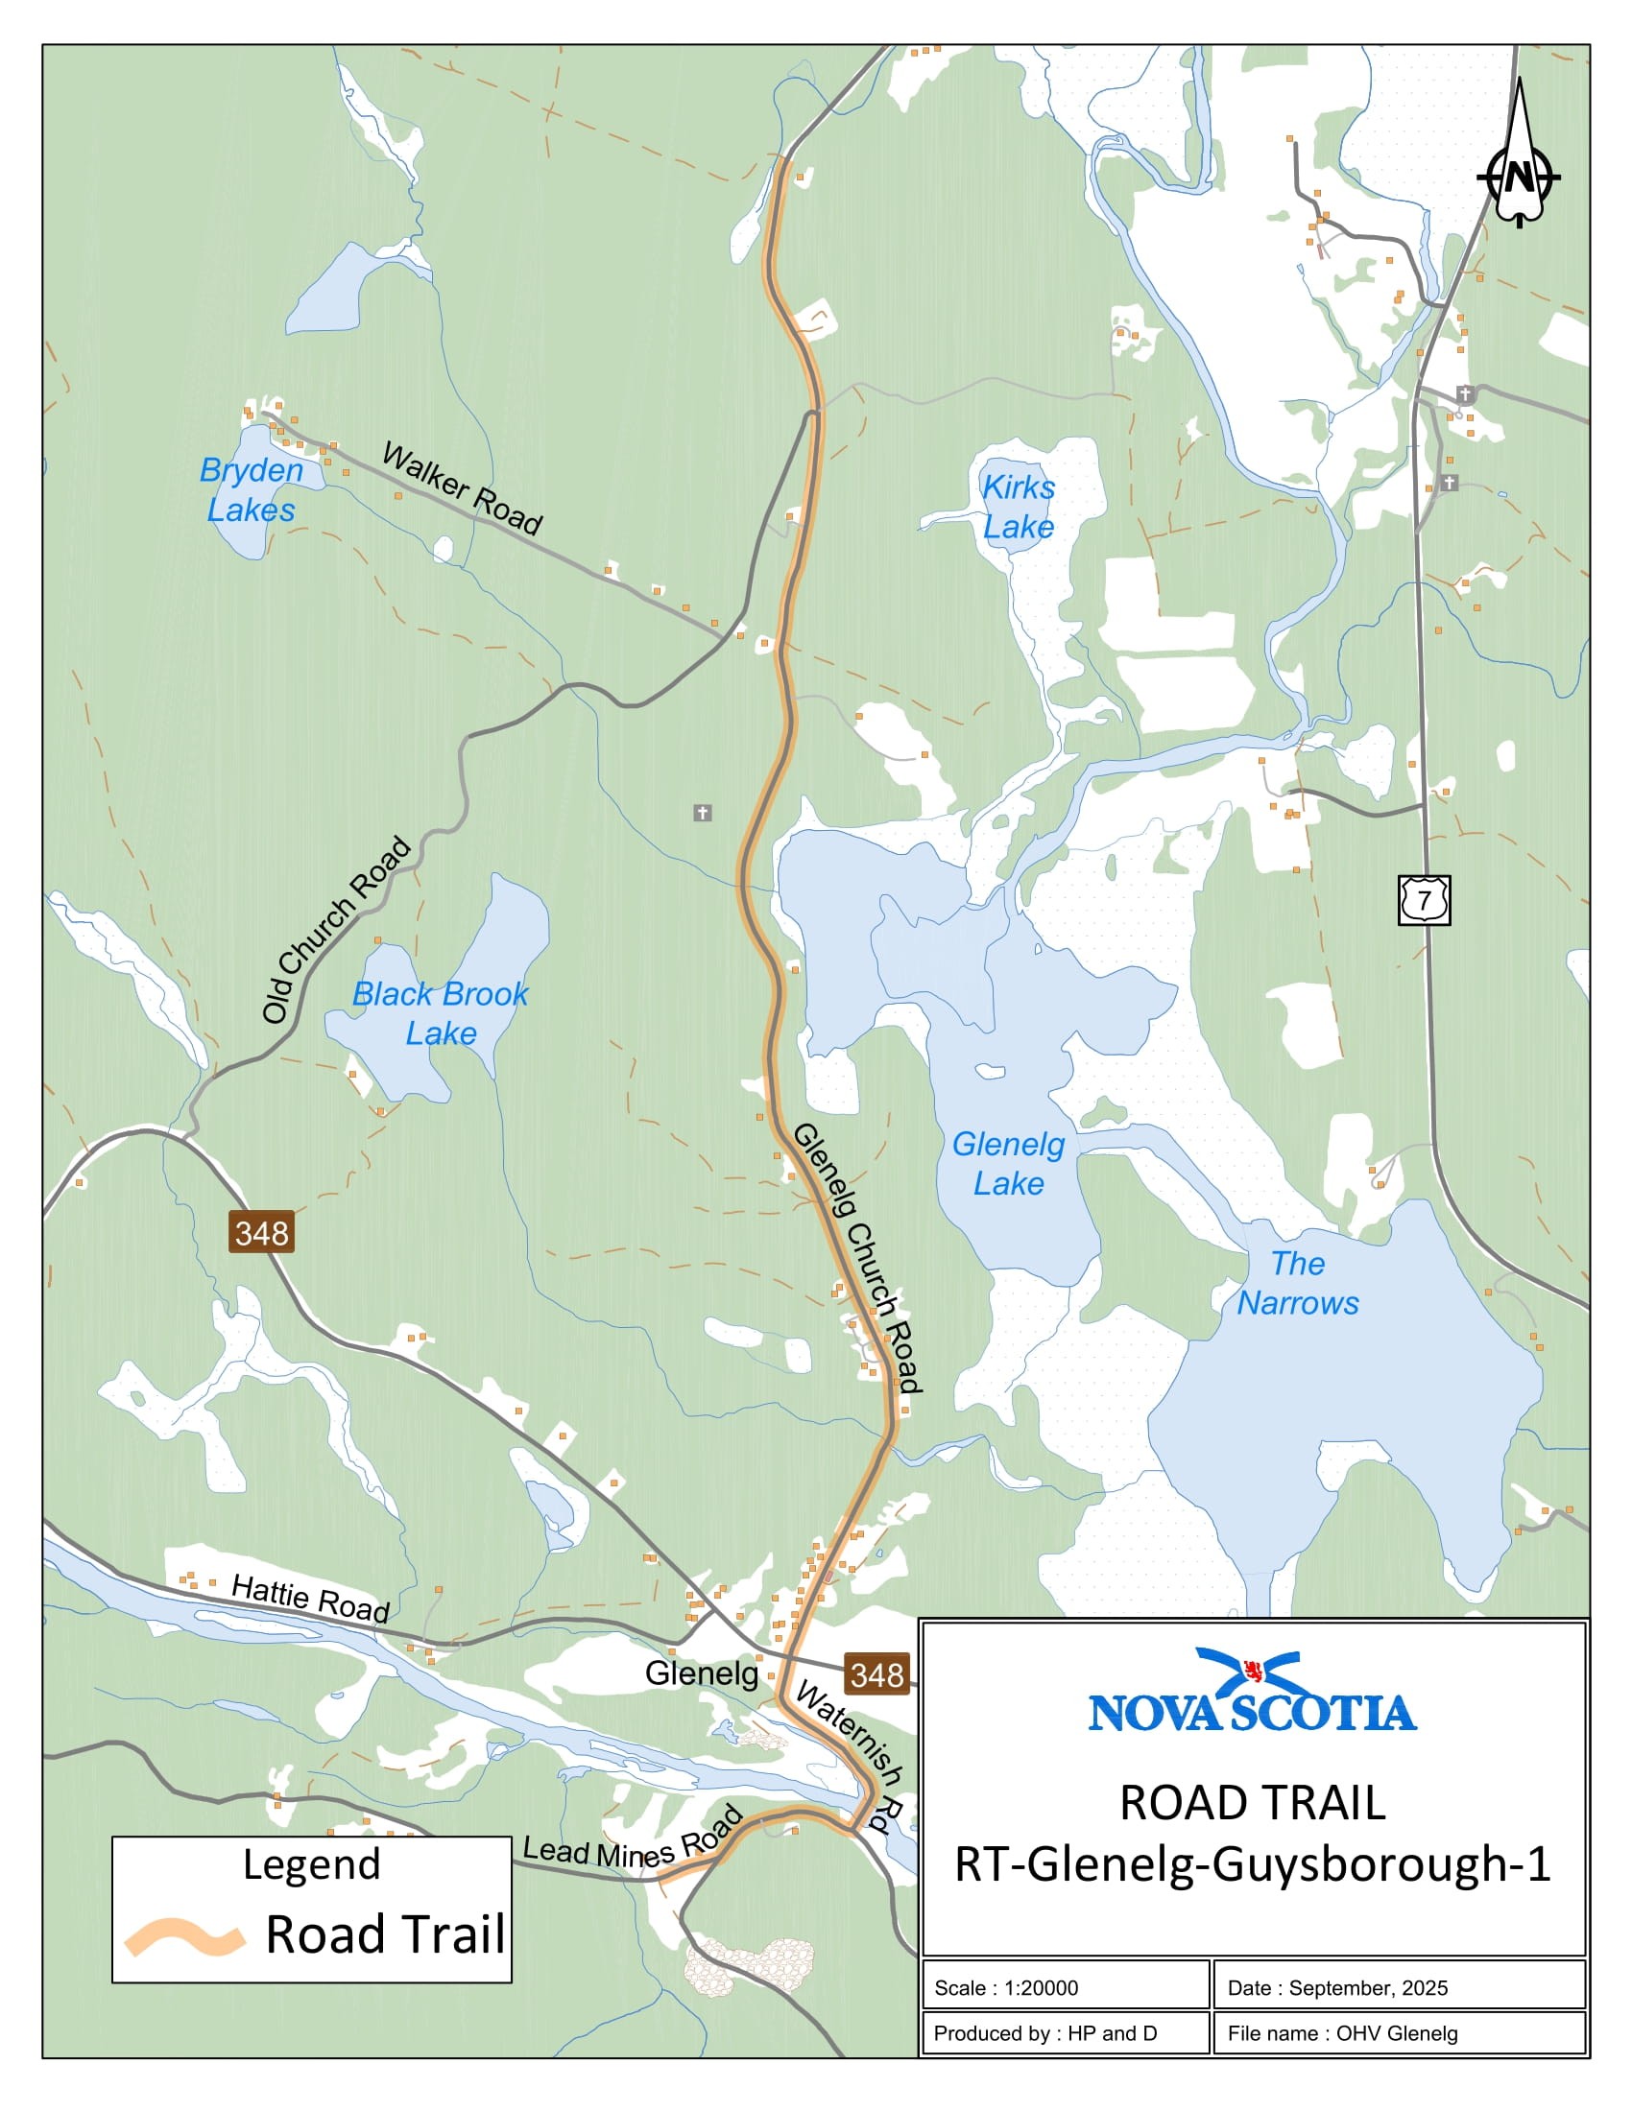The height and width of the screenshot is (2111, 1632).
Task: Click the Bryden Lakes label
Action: click(x=251, y=490)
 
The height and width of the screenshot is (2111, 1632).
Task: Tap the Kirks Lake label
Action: click(x=1018, y=507)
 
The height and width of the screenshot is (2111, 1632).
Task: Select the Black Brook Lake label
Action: click(x=440, y=1013)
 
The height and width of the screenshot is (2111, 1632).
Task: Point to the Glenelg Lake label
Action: click(x=1007, y=1163)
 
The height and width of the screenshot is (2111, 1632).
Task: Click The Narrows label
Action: click(x=1298, y=1283)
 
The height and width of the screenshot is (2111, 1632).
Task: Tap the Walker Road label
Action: click(x=462, y=489)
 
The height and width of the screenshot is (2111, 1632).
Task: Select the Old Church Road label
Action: click(x=336, y=931)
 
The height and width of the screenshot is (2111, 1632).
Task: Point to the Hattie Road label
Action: click(x=309, y=1598)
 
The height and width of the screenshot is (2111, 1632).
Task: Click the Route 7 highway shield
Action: click(x=1423, y=900)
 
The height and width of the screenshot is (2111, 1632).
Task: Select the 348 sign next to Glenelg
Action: click(x=876, y=1674)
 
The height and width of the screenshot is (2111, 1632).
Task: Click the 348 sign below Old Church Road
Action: click(x=261, y=1232)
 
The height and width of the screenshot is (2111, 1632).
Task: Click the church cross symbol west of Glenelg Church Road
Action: click(x=703, y=813)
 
